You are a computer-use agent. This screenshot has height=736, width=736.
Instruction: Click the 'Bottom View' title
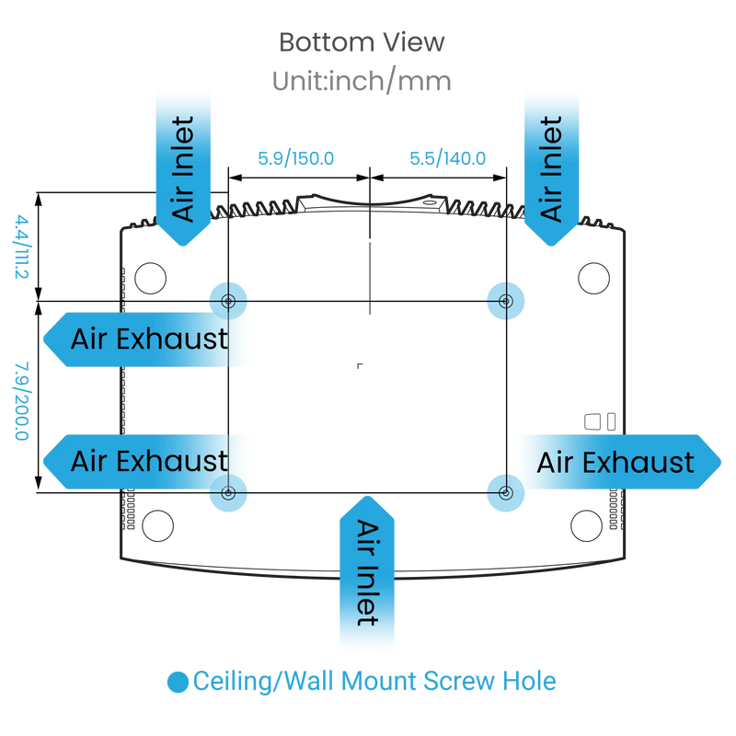coord(362,42)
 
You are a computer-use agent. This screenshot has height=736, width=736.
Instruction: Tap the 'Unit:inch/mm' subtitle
coord(362,81)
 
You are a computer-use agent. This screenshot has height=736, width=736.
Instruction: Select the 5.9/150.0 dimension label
coord(295,158)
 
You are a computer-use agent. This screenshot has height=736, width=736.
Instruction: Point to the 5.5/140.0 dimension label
coord(447,158)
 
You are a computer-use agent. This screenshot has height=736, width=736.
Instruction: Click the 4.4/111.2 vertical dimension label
coord(21,247)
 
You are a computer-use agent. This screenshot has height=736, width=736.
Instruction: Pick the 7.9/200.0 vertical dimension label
coord(21,401)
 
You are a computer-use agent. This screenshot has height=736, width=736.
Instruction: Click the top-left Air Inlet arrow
coord(183,169)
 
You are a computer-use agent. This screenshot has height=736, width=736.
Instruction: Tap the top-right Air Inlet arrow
coord(551,169)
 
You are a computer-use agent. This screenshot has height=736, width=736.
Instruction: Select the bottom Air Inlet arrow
coord(367,572)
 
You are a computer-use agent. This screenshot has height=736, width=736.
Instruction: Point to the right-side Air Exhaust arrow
coord(618,463)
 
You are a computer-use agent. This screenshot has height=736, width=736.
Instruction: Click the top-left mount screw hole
coord(228,301)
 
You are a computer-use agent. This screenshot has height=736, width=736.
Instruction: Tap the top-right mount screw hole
coord(505,301)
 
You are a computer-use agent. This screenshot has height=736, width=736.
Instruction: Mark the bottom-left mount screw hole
coord(228,493)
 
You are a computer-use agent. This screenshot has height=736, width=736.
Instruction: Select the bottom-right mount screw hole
coord(505,493)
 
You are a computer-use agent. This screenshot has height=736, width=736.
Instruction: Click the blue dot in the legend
coord(178,682)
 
